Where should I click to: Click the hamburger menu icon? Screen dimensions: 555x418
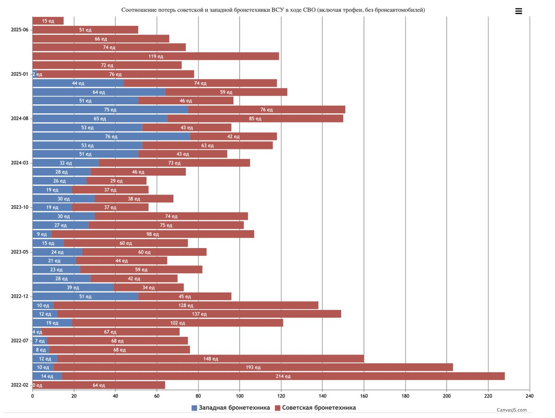[x=518, y=11]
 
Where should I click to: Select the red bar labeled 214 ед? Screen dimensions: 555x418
[x=283, y=376]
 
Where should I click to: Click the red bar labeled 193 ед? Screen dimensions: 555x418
[x=253, y=367]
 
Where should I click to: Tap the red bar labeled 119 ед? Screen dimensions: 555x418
[x=156, y=56]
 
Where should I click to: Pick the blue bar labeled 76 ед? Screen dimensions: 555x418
[x=111, y=136]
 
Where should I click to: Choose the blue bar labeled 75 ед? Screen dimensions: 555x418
[x=110, y=109]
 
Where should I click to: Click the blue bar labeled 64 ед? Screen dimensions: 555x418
[x=99, y=92]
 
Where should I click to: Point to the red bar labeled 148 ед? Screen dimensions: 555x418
[x=210, y=358]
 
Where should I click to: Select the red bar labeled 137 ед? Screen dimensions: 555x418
[x=199, y=314]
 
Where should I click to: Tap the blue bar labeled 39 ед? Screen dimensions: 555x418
[x=73, y=287]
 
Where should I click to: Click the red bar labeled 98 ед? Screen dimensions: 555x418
[x=153, y=234]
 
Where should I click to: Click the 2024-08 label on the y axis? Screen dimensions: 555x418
[x=19, y=118]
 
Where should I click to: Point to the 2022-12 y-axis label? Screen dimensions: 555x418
[x=19, y=297]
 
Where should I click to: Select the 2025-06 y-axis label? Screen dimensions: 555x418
[x=19, y=30]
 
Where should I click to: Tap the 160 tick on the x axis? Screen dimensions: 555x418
[x=364, y=396]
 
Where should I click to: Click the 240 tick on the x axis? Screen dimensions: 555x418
[x=530, y=396]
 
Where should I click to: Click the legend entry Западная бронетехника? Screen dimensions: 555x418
[x=231, y=408]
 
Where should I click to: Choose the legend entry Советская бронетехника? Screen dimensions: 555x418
[x=315, y=408]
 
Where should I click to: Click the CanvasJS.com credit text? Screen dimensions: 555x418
[x=512, y=410]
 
